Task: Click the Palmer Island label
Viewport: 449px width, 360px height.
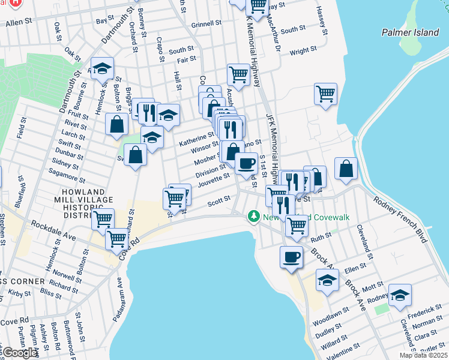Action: (411, 32)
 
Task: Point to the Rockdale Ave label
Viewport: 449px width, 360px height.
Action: (53, 232)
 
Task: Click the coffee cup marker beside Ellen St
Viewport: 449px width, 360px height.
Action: (292, 257)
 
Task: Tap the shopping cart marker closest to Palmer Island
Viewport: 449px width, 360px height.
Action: (325, 94)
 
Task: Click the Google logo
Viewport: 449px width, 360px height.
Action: (20, 353)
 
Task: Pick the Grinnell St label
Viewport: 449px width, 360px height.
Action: (206, 25)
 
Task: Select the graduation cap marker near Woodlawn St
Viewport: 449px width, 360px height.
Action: (327, 280)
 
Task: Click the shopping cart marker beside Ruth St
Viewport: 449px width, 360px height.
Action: (297, 226)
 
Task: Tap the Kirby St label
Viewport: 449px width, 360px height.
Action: (20, 293)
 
